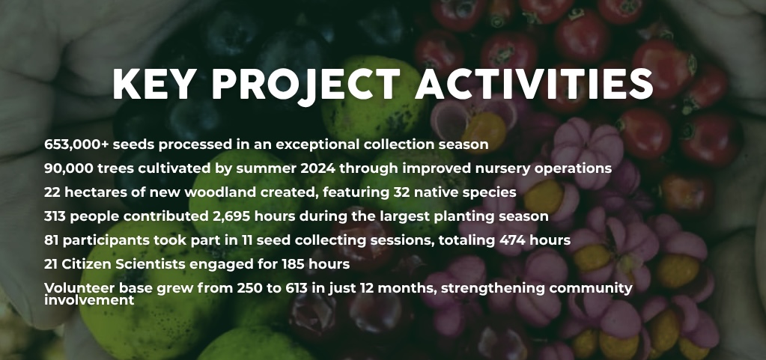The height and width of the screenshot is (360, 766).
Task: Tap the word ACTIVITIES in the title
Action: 535,84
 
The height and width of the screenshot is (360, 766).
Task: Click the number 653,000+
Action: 76,144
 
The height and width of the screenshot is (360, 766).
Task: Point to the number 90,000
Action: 69,168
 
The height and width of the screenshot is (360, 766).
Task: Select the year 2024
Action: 317,168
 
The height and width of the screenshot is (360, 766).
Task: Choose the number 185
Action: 294,263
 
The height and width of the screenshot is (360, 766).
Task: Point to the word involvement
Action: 89,300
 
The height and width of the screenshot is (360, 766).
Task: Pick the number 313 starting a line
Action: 55,216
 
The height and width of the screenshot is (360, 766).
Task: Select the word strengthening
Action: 493,288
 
